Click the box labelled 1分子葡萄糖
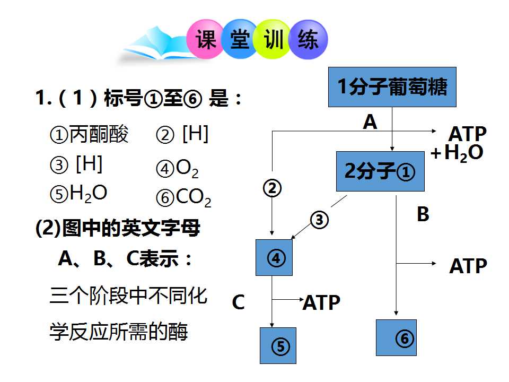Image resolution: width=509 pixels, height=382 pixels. click(x=392, y=87)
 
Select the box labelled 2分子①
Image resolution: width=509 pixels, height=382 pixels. click(x=380, y=171)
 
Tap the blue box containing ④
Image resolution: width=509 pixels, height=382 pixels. click(x=274, y=258)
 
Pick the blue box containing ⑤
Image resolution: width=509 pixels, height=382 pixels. click(x=278, y=345)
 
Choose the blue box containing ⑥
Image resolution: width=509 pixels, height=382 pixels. click(x=396, y=338)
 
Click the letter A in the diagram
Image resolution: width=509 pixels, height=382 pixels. click(x=370, y=122)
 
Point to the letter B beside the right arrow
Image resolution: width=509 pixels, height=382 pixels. click(x=423, y=214)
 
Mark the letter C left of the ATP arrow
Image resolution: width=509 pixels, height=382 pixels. click(x=238, y=302)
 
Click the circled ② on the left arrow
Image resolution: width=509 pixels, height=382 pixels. click(x=272, y=188)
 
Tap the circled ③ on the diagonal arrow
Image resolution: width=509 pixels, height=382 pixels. click(x=319, y=220)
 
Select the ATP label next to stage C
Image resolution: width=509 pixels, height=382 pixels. click(x=321, y=302)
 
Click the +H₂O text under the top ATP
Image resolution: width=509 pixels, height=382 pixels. click(x=457, y=153)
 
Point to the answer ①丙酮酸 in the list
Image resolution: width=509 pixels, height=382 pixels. click(x=89, y=134)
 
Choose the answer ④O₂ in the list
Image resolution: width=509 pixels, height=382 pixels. click(x=177, y=169)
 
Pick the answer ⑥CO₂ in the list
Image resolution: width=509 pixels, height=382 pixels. click(x=184, y=197)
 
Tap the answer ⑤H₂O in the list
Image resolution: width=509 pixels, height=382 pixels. click(x=78, y=194)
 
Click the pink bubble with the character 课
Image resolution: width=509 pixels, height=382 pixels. click(x=205, y=39)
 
